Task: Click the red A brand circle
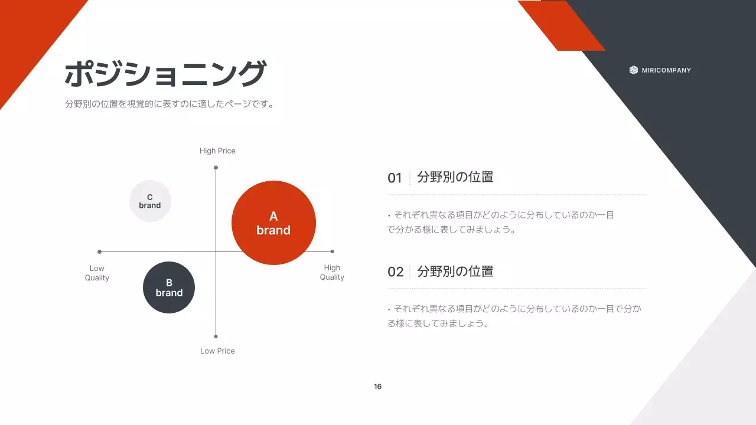pos(273,223)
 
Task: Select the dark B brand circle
pos(169,287)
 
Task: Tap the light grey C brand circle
pos(150,201)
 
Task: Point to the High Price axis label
pos(217,151)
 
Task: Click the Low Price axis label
pos(217,351)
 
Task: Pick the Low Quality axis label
pos(97,273)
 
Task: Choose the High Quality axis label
pos(332,272)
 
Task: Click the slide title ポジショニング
pos(165,75)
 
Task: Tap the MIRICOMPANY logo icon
pos(634,70)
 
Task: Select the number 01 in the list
pos(395,178)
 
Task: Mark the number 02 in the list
pos(395,272)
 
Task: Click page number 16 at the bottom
pos(378,387)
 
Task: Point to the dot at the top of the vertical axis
pos(216,168)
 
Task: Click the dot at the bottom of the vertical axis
pos(216,336)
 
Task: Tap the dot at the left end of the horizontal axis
pos(99,252)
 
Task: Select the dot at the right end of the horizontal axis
pos(332,252)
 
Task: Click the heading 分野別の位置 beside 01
pos(455,177)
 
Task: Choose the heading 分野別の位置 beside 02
pos(455,272)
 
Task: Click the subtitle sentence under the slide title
pos(170,104)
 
